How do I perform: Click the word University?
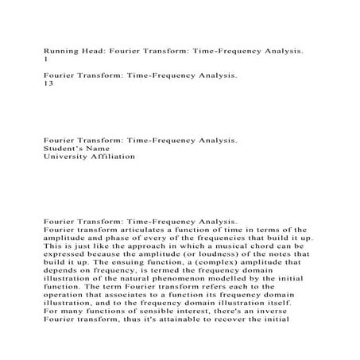(69, 157)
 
